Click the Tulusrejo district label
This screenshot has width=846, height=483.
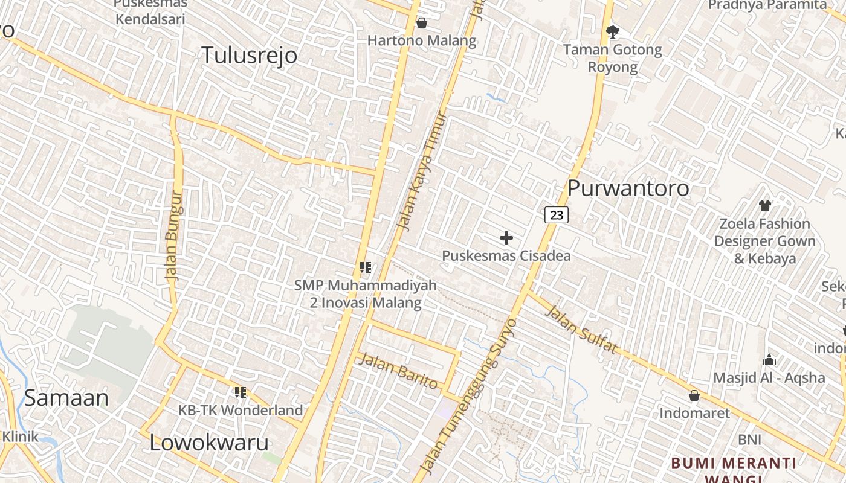[249, 55]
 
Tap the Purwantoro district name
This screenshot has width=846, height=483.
[628, 188]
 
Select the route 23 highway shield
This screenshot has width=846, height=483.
[557, 214]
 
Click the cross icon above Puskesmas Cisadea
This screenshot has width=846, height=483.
[506, 238]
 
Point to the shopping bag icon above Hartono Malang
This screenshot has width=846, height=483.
[422, 23]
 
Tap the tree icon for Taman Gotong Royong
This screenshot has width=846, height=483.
[613, 31]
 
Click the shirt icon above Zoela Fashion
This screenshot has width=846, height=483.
[764, 205]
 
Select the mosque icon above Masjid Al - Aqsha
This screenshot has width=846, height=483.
[769, 360]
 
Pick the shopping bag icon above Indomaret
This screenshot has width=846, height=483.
[694, 395]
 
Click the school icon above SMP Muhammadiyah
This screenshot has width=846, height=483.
[365, 267]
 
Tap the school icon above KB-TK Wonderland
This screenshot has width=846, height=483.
[241, 392]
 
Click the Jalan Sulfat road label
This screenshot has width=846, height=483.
[582, 330]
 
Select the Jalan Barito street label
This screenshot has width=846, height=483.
[398, 371]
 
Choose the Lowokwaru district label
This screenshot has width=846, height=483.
[208, 443]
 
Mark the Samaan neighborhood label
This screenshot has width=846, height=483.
[66, 398]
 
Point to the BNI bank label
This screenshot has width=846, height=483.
[749, 440]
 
